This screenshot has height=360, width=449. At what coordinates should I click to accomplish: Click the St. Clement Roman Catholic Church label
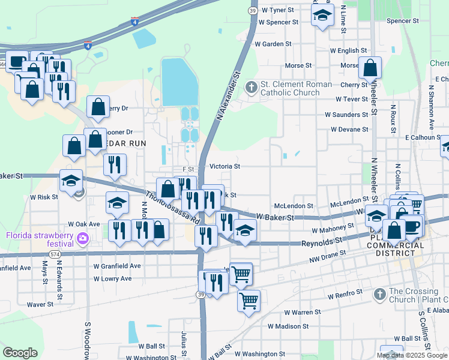296,88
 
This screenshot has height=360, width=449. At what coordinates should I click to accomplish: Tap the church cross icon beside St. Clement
252,88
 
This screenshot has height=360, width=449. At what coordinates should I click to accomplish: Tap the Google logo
20,353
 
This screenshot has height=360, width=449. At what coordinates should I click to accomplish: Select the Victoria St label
225,166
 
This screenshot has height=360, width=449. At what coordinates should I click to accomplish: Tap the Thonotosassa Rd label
172,208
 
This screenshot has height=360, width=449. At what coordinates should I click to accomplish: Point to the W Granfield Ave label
116,265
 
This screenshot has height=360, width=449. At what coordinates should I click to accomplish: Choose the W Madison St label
288,326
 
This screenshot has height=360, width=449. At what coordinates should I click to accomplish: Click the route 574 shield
55,254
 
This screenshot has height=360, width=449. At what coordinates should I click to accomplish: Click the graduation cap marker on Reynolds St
245,230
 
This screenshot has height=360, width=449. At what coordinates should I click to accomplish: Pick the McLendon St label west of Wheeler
294,206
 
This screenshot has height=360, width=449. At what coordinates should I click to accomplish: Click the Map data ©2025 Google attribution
412,355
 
